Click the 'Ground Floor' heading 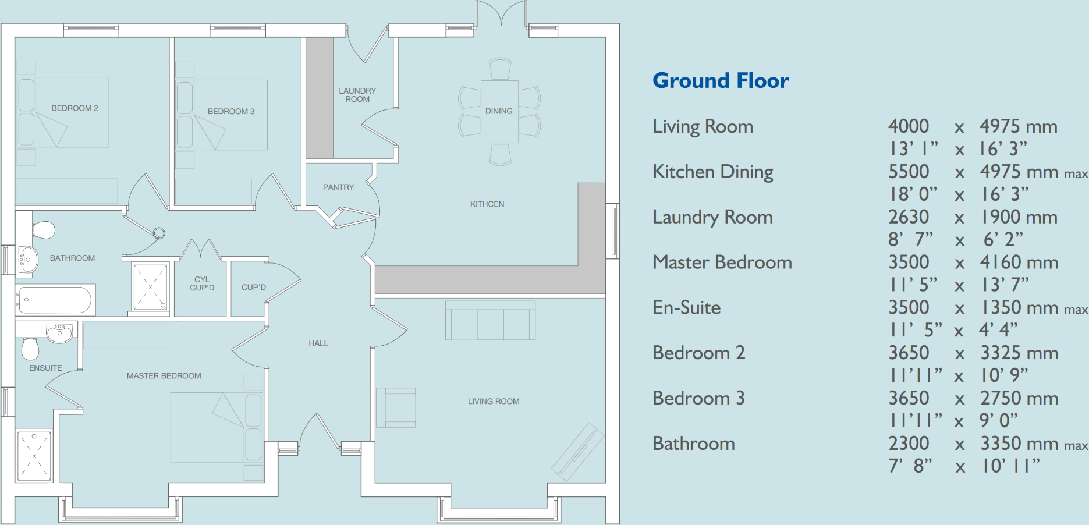[720, 80]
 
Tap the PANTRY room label [338, 187]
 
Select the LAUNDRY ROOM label [357, 95]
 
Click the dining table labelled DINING [499, 111]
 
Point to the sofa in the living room [490, 321]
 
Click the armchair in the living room [396, 407]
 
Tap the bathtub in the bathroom [55, 300]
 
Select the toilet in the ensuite [30, 349]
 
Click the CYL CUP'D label [202, 283]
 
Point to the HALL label [318, 343]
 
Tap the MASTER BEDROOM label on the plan [164, 376]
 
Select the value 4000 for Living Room [908, 126]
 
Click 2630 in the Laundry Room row [908, 217]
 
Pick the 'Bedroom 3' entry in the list [698, 398]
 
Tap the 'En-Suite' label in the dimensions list [686, 307]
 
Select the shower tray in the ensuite [34, 456]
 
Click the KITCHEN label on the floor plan [487, 204]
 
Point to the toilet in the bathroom [44, 229]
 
